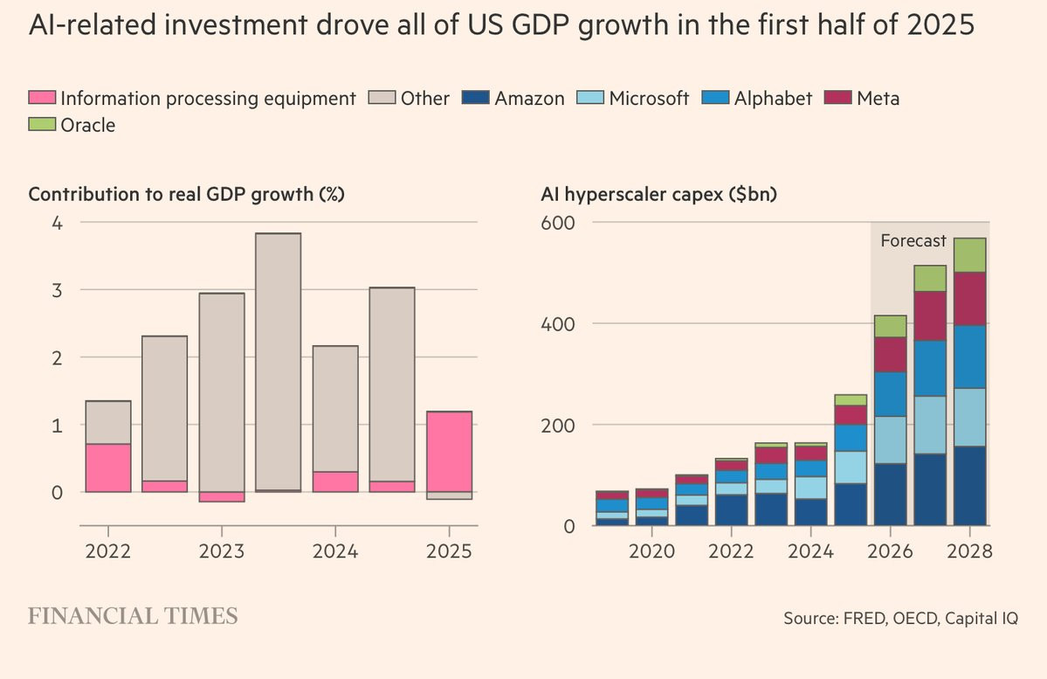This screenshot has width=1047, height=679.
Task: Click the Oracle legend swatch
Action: (42, 126)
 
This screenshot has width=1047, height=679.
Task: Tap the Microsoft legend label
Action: (650, 99)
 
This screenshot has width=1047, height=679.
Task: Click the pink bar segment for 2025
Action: (449, 451)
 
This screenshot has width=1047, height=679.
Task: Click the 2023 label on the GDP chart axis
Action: (221, 552)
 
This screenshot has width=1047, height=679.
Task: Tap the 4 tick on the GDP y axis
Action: (57, 223)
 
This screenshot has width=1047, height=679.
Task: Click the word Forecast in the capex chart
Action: (913, 240)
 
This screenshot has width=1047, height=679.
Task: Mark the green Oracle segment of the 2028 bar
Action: (969, 255)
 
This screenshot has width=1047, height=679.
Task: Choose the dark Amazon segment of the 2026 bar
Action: (889, 495)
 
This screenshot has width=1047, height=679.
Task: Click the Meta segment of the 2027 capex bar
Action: (929, 315)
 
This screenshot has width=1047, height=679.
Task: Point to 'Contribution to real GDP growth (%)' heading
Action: (186, 195)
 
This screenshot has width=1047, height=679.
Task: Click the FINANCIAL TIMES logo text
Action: (133, 616)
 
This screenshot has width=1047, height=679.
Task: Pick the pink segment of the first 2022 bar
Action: (107, 468)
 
